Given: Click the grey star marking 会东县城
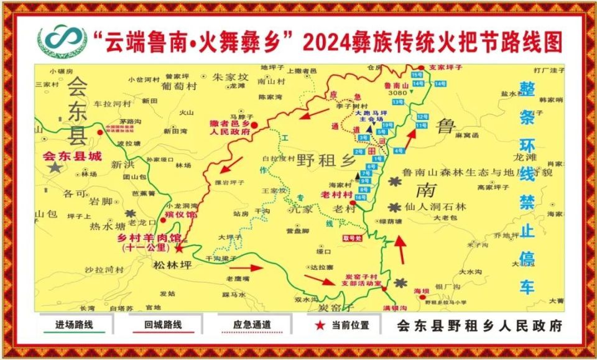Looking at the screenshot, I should click(x=55, y=167).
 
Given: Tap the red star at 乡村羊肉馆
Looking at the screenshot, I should click(x=179, y=249).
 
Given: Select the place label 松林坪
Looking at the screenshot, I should click(x=170, y=265).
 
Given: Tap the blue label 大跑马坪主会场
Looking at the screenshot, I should click(x=370, y=116).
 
